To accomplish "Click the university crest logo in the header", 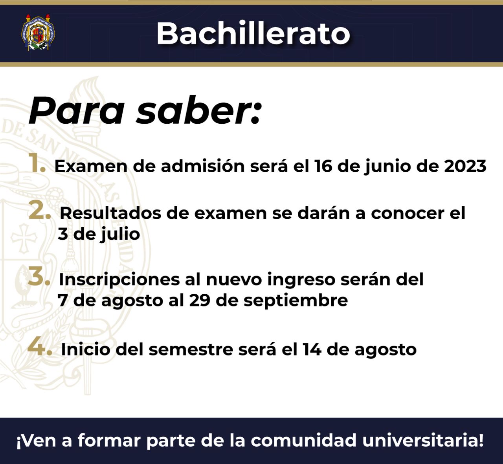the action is tap(38, 33).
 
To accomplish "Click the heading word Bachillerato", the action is tap(253, 33).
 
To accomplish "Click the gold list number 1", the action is tap(37, 163).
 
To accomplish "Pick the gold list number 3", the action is tap(39, 276).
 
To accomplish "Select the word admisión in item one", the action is tap(203, 166).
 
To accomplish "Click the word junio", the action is tap(387, 167).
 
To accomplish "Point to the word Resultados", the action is tap(110, 213).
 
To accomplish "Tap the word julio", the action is tap(120, 234).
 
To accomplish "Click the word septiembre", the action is tap(296, 301).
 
